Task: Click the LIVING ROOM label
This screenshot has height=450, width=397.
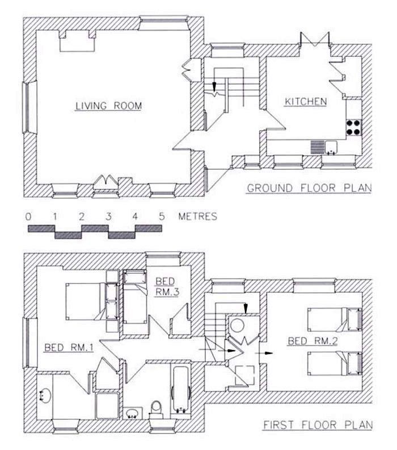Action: coord(108,106)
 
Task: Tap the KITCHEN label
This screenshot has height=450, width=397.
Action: coord(306,101)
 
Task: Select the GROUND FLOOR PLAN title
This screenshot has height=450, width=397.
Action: coord(309,188)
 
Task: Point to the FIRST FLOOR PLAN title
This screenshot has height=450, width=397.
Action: coord(318,424)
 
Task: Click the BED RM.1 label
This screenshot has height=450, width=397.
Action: coord(69,348)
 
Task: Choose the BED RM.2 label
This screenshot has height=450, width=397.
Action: coord(313,341)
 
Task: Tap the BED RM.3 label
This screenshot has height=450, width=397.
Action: coord(167,286)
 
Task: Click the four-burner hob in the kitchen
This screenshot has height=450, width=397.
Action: coord(354,128)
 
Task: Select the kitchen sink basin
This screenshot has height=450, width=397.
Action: coord(331,147)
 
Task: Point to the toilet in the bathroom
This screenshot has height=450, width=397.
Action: coord(156,410)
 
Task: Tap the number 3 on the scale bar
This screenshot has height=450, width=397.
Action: coord(108,216)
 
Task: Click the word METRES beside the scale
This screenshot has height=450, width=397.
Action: coord(197,216)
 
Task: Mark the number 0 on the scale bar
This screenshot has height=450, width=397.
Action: coord(28,216)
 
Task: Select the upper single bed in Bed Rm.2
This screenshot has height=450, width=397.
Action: coord(334,319)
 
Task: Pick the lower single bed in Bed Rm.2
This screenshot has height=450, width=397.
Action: coord(334,364)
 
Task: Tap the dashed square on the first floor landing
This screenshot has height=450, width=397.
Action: coord(244,375)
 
